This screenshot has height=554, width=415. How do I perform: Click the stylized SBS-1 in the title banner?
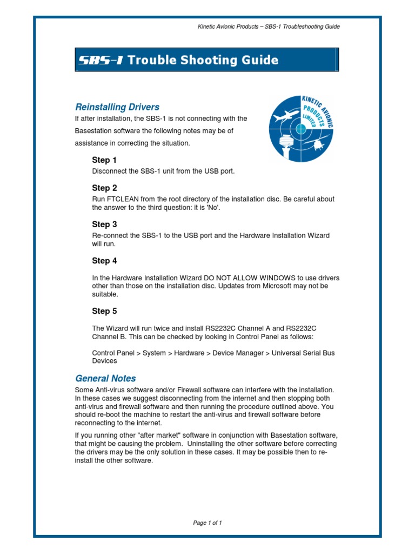click(x=100, y=60)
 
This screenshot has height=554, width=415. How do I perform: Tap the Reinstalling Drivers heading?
click(x=117, y=107)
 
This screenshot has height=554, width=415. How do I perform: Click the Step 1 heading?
click(x=104, y=160)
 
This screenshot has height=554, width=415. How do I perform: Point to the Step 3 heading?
click(x=104, y=225)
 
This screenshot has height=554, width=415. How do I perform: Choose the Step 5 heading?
click(x=104, y=312)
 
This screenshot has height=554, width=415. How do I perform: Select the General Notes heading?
click(x=105, y=379)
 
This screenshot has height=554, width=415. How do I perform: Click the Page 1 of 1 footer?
click(x=207, y=523)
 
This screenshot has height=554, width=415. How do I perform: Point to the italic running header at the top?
click(x=269, y=27)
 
